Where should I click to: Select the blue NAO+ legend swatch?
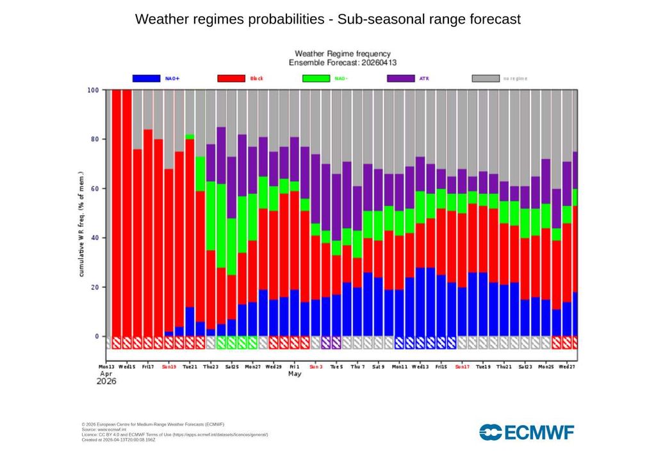pyautogui.click(x=146, y=78)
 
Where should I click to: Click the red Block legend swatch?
pyautogui.click(x=231, y=78)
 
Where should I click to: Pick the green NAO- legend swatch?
pyautogui.click(x=316, y=78)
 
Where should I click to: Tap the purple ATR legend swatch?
pyautogui.click(x=401, y=78)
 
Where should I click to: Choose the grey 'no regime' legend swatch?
pyautogui.click(x=486, y=78)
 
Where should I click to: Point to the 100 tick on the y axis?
pyautogui.click(x=93, y=90)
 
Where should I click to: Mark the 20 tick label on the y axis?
pyautogui.click(x=95, y=287)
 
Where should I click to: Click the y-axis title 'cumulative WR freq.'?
pyautogui.click(x=81, y=224)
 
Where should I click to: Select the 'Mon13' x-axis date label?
pyautogui.click(x=107, y=368)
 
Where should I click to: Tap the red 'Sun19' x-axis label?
pyautogui.click(x=169, y=368)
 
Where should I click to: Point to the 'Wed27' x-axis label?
pyautogui.click(x=566, y=368)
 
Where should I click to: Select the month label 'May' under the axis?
pyautogui.click(x=294, y=374)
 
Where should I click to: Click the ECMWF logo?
pyautogui.click(x=527, y=432)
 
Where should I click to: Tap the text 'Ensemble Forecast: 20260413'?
pyautogui.click(x=342, y=63)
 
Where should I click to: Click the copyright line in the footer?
pyautogui.click(x=152, y=424)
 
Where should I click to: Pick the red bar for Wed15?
pyautogui.click(x=127, y=211)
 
